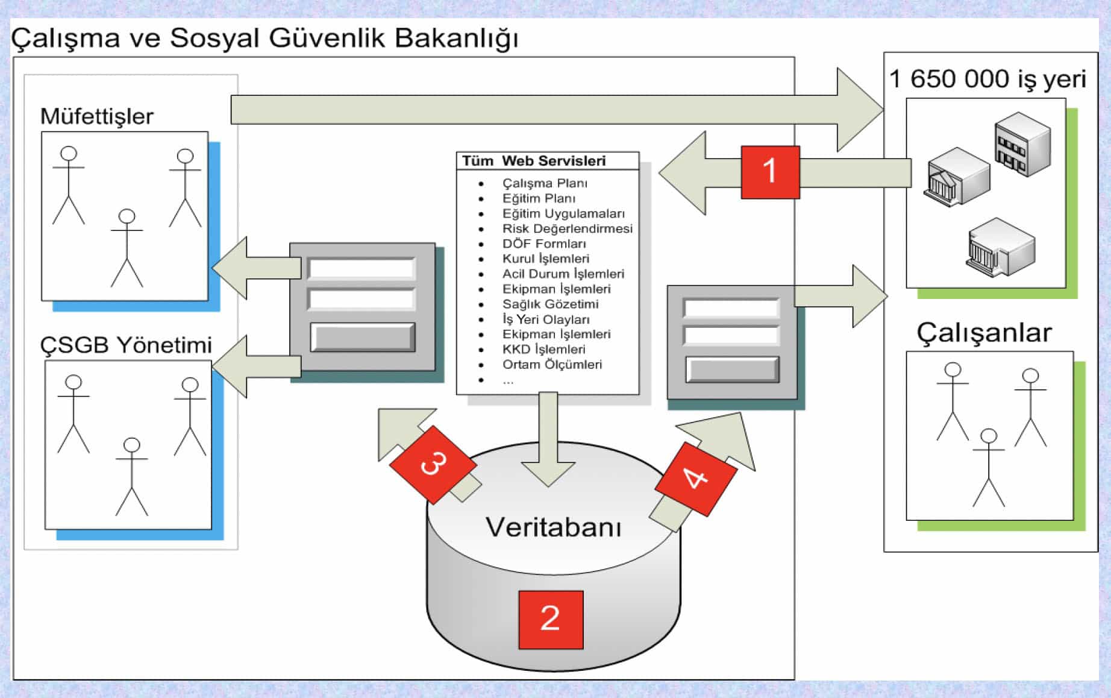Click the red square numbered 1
pyautogui.click(x=770, y=172)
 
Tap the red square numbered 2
pyautogui.click(x=551, y=619)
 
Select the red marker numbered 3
pyautogui.click(x=433, y=464)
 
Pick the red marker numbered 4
pyautogui.click(x=696, y=479)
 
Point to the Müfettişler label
pyautogui.click(x=96, y=116)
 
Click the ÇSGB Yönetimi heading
pyautogui.click(x=126, y=345)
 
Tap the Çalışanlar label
pyautogui.click(x=984, y=333)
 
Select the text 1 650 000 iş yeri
pyautogui.click(x=987, y=79)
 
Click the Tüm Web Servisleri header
pyautogui.click(x=534, y=161)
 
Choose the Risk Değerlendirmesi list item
pyautogui.click(x=567, y=228)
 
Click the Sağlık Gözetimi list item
pyautogui.click(x=550, y=304)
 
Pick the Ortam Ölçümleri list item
pyautogui.click(x=552, y=364)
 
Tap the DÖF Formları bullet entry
pyautogui.click(x=544, y=244)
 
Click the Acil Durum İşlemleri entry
pyautogui.click(x=563, y=274)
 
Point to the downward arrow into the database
pyautogui.click(x=548, y=440)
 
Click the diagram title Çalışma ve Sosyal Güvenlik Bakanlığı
pyautogui.click(x=264, y=38)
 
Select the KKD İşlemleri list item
pyautogui.click(x=543, y=349)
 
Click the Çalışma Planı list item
pyautogui.click(x=545, y=183)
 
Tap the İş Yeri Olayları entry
pyautogui.click(x=546, y=319)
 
